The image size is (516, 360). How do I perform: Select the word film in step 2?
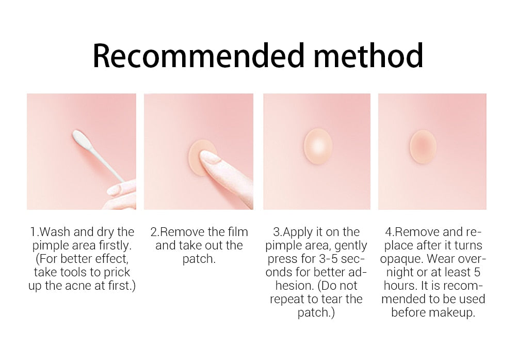coord(236,232)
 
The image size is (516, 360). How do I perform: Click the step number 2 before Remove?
coord(153,232)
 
